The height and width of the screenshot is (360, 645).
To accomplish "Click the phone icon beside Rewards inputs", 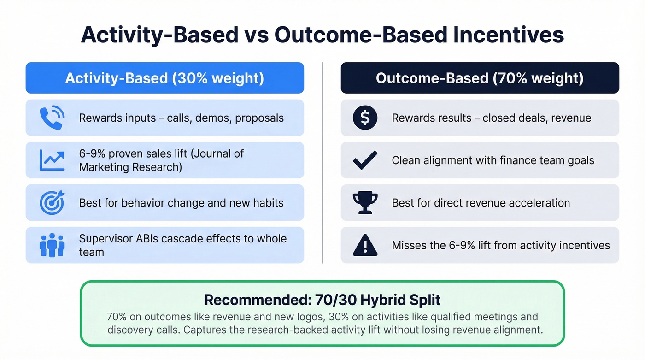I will (52, 118).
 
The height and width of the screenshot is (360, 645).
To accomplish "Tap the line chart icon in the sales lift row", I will (52, 160).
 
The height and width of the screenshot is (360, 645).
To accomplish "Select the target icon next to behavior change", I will (52, 203).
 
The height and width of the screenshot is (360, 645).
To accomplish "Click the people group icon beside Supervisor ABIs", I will (52, 245).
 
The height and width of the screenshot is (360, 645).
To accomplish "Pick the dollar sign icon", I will (365, 118).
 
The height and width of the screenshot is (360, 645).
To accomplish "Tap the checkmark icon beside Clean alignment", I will (365, 160).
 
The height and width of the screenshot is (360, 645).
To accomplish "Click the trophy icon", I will (365, 203).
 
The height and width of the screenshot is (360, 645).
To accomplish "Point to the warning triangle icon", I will (365, 245).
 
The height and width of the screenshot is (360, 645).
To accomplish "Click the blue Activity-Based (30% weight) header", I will (164, 78).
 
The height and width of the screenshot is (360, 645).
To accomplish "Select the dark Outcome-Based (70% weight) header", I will (480, 78).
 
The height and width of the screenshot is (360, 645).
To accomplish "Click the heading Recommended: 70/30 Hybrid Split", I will (322, 300).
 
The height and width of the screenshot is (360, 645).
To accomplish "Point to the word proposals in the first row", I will (259, 118).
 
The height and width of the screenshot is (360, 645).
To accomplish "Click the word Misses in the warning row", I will (407, 245).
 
